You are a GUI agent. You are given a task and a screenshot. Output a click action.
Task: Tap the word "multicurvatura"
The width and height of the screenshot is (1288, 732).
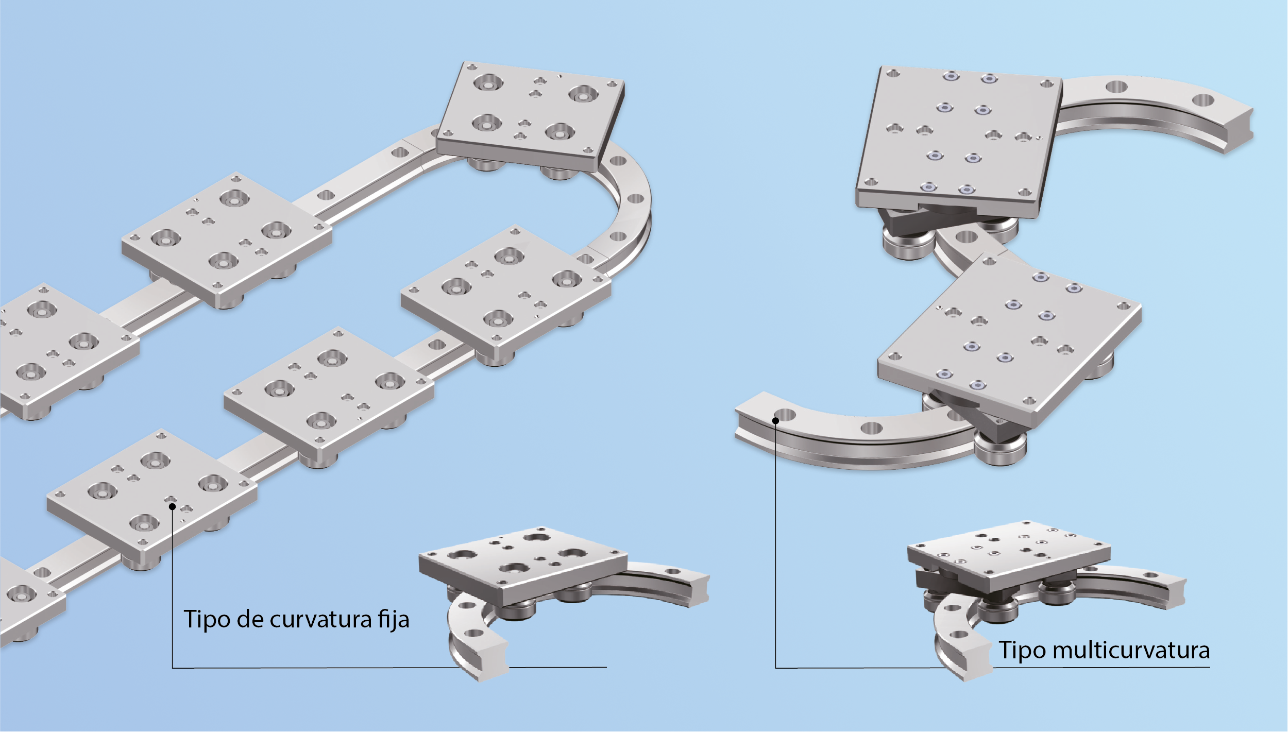(x=1131, y=651)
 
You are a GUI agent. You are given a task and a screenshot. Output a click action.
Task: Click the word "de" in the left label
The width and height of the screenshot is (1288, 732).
(x=250, y=620)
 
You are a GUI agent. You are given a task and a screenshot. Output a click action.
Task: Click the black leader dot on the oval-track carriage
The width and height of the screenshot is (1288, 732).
(x=173, y=506)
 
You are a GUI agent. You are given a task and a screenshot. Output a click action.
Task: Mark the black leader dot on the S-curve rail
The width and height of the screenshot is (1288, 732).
(x=775, y=420)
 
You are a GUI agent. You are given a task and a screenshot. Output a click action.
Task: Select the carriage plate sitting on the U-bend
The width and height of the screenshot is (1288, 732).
(x=531, y=116)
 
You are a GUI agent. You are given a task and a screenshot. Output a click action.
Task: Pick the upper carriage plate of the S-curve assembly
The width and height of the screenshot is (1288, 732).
(x=958, y=142)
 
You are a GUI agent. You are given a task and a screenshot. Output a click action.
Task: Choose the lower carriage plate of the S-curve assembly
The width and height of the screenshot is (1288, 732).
(x=1010, y=340)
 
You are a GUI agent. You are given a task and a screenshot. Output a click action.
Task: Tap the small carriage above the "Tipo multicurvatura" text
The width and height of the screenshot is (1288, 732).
(x=1009, y=556)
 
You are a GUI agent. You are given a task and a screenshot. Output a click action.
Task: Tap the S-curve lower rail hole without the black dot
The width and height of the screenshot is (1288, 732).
(x=872, y=428)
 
